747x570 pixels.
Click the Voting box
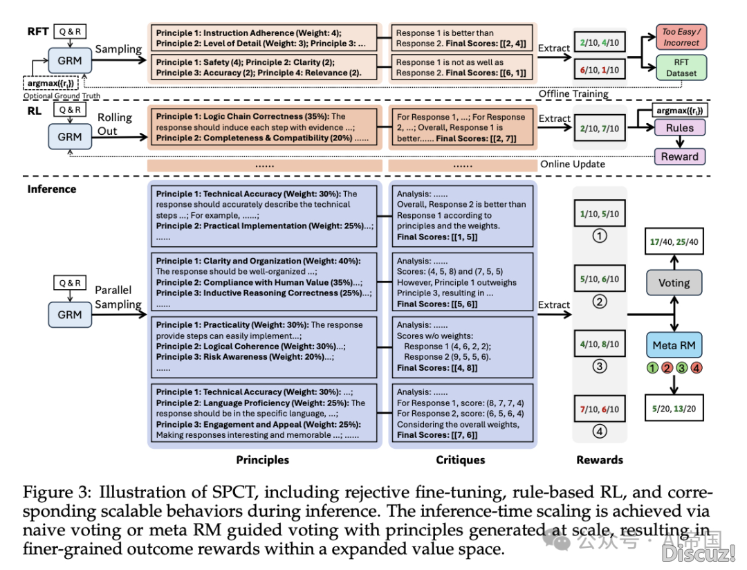(674, 282)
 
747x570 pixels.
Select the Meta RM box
(674, 345)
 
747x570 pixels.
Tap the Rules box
(679, 127)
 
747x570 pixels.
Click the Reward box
(679, 156)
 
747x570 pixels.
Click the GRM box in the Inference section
(70, 315)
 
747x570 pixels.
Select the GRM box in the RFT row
(70, 60)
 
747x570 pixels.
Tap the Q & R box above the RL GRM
(70, 109)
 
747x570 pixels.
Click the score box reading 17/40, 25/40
(674, 243)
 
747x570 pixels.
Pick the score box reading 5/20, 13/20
(674, 409)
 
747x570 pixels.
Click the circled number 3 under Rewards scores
(599, 367)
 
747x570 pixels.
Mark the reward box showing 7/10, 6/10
(600, 409)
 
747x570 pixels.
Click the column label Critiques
(461, 460)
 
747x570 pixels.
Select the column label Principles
(263, 460)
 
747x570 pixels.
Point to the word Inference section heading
(52, 188)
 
